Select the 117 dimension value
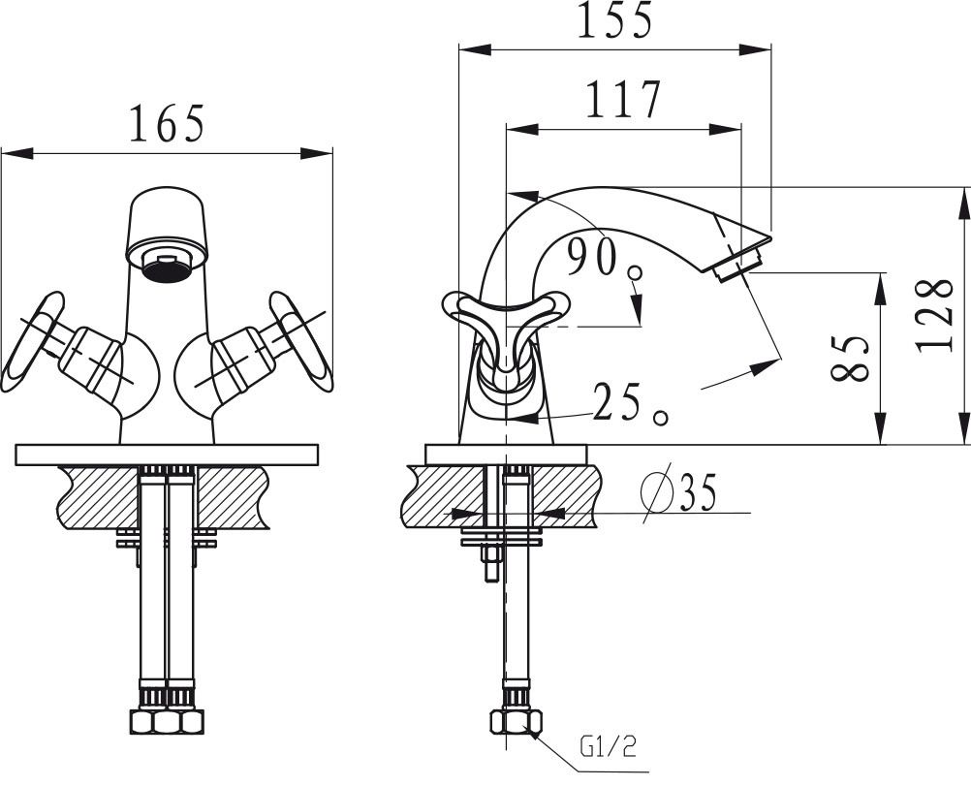pos(623,99)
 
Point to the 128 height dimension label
pos(935,316)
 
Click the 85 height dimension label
pos(851,359)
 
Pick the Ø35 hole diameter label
pos(678,491)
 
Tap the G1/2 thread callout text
pos(609,747)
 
